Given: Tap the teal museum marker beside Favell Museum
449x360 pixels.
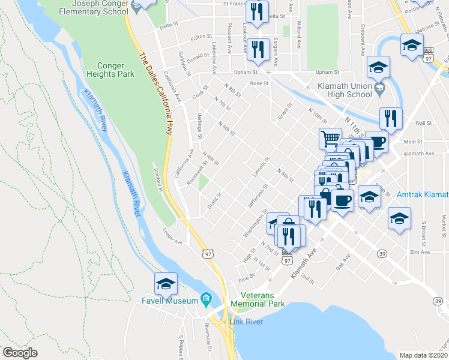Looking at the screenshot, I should (x=206, y=298).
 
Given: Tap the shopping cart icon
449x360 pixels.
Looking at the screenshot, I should (x=330, y=139).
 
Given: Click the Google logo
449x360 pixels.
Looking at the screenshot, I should (x=20, y=353).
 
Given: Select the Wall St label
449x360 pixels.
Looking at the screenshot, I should (x=424, y=123).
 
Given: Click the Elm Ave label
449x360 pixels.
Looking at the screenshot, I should (x=421, y=252).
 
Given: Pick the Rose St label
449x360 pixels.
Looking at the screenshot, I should (x=259, y=83).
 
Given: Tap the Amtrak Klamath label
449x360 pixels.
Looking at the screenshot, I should (x=423, y=194).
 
